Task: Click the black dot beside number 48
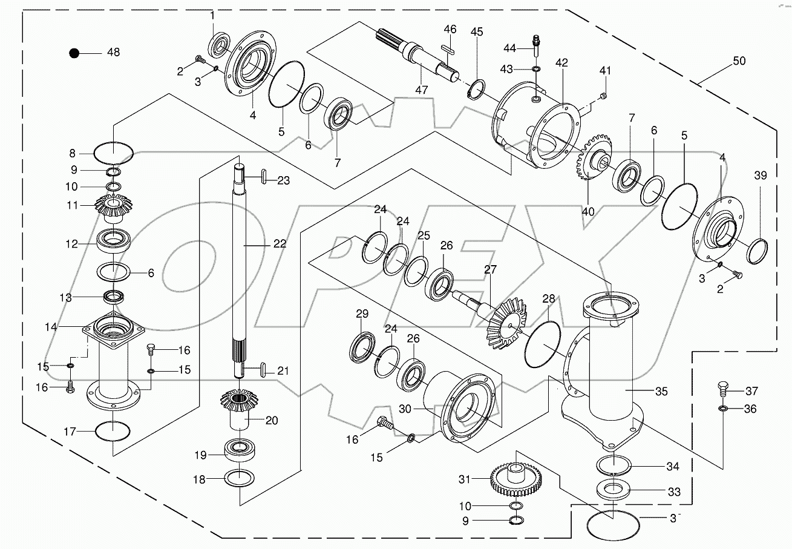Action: tap(74, 53)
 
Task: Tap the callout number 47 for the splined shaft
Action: tap(421, 90)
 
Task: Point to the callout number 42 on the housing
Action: tap(561, 63)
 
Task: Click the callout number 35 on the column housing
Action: tap(661, 392)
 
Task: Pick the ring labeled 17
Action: tap(113, 432)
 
